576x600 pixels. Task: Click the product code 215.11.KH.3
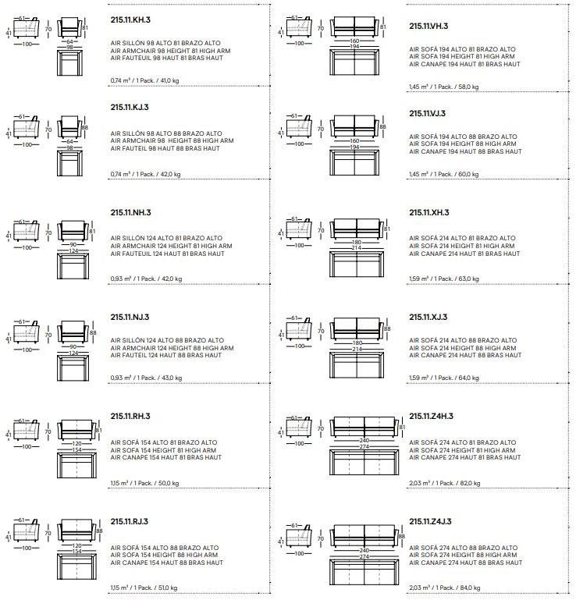tap(130, 20)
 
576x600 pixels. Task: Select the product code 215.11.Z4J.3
tap(430, 521)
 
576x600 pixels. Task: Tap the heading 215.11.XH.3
tap(429, 212)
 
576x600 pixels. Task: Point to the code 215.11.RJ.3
tap(130, 521)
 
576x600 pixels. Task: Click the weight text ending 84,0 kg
tap(445, 588)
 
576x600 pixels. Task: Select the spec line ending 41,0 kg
tap(144, 80)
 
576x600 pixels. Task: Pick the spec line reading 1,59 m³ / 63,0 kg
tap(444, 279)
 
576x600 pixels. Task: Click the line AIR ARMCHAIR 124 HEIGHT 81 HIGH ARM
tap(171, 246)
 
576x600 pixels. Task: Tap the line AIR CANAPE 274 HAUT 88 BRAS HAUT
tap(465, 563)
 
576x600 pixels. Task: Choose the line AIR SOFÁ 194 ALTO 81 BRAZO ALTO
tap(462, 49)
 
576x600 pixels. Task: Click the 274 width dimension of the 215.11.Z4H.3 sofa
tap(364, 446)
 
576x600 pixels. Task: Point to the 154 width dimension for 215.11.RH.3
tap(77, 449)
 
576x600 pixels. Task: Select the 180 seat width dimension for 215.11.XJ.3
tap(357, 343)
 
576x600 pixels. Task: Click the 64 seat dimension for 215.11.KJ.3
tap(69, 141)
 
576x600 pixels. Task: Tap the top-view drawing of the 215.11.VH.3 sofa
tap(355, 62)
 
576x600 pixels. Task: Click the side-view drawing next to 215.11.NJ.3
tap(26, 331)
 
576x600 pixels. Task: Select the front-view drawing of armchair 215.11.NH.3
tap(73, 231)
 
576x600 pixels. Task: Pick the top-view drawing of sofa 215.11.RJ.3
tap(77, 566)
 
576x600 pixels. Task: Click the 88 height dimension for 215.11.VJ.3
tap(382, 126)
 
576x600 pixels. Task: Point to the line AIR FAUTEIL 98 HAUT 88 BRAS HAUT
tap(165, 148)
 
